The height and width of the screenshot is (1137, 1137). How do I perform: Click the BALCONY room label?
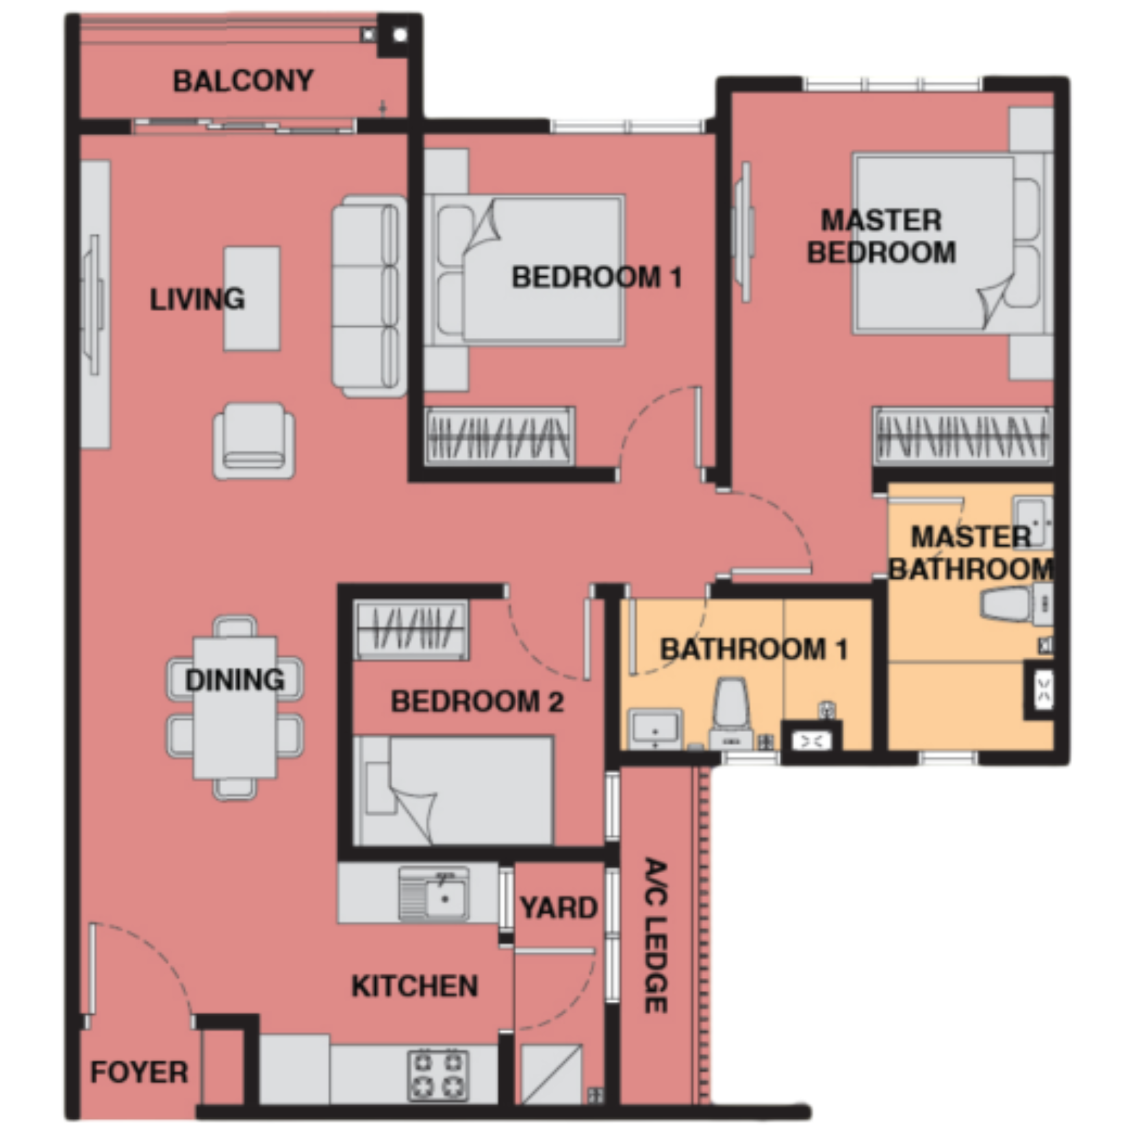[243, 81]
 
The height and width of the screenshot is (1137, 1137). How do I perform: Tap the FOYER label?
[139, 1072]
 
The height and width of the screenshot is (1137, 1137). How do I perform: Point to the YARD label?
[558, 907]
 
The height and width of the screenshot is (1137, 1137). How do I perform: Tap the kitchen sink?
[434, 893]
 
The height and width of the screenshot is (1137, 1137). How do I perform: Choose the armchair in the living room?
[254, 441]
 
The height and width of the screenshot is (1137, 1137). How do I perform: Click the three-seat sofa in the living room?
[369, 297]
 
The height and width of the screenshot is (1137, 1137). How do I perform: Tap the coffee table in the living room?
[252, 299]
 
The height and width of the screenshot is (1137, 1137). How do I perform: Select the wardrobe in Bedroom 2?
[412, 629]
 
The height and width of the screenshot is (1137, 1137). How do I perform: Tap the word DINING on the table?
[235, 680]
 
